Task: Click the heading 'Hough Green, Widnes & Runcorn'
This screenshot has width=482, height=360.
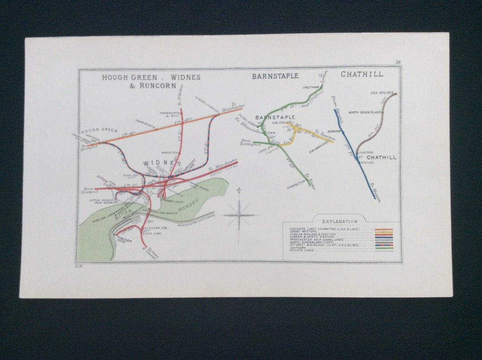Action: coord(151,81)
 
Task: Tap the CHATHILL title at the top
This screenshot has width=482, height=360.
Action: coord(362,74)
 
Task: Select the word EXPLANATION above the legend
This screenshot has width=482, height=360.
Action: coord(340,221)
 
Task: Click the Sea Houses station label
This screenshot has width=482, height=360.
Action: coord(382,93)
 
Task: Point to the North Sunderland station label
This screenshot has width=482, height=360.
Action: coord(366,112)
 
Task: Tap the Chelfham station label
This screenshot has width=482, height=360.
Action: coord(309,87)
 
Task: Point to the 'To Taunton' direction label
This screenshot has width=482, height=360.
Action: coord(325,135)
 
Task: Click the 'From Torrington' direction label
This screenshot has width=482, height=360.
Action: coord(250,142)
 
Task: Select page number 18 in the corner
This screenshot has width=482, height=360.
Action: coord(398,62)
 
